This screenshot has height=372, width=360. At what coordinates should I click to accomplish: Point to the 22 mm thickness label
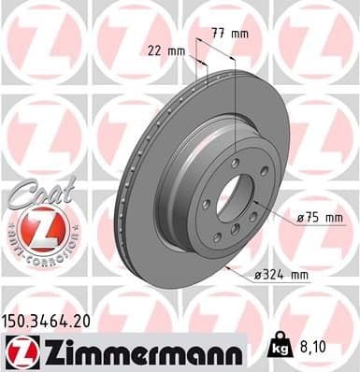tap(165, 50)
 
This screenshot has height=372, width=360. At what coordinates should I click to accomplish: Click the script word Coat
tap(36, 195)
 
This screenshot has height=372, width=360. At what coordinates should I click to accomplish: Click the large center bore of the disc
tap(235, 198)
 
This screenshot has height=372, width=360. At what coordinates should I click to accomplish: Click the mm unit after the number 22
tap(174, 50)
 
